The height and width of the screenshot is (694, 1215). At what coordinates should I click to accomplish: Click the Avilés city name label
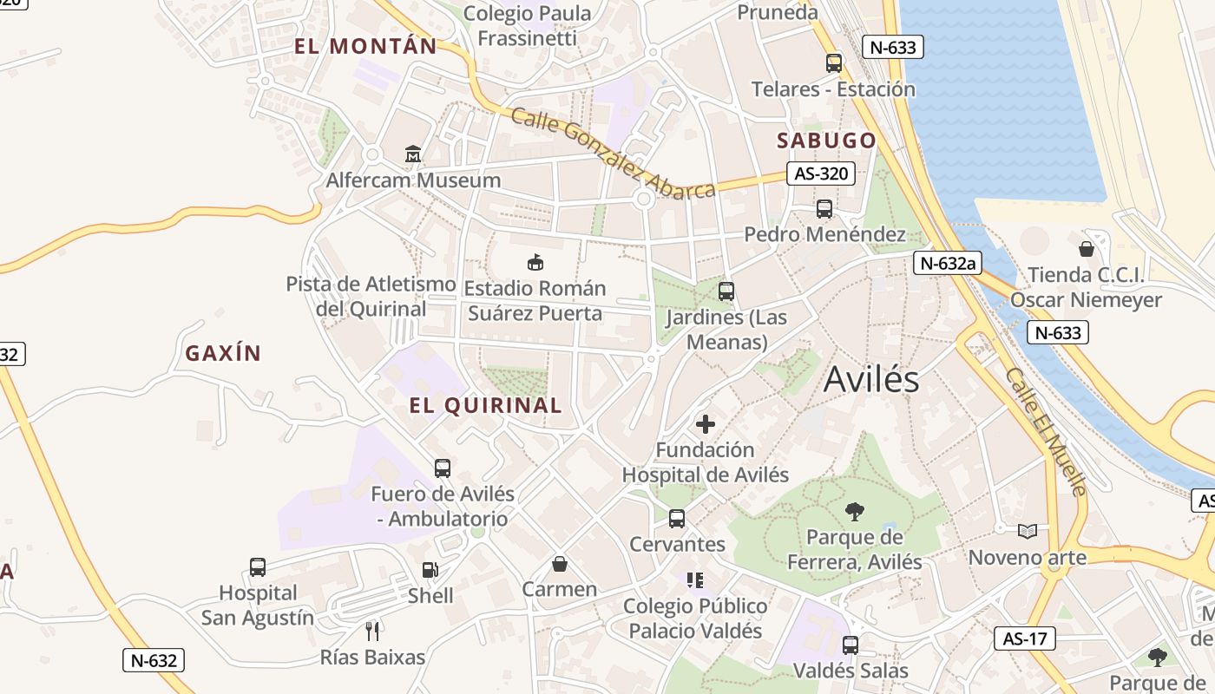(x=870, y=379)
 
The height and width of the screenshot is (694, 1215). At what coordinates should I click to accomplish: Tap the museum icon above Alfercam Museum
(x=413, y=154)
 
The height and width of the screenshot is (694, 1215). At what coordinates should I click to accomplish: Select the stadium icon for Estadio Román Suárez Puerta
(x=535, y=262)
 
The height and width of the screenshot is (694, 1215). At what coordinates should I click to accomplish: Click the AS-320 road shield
(x=820, y=173)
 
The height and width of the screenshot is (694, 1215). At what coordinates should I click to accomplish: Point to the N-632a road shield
(x=947, y=263)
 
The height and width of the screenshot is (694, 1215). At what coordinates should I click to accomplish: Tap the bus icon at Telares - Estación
(x=833, y=63)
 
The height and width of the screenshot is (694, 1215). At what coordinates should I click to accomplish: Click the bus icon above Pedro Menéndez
(x=824, y=209)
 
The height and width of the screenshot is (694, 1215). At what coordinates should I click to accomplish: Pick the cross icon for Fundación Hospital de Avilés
(x=706, y=424)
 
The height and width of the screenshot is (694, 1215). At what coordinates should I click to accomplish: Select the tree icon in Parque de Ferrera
(x=854, y=511)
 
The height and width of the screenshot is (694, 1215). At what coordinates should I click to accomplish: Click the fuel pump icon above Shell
(x=430, y=570)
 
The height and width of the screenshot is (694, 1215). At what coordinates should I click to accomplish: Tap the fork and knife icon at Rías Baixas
(x=372, y=631)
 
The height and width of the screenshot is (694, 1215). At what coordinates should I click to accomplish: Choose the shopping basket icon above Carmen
(x=560, y=564)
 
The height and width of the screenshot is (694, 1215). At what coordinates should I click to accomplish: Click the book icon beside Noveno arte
(x=1028, y=531)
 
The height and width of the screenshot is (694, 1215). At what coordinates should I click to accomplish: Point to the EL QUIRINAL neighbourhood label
(x=486, y=405)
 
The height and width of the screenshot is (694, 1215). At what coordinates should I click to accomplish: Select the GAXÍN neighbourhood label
(x=223, y=353)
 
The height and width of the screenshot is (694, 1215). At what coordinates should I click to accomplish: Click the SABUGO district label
(x=826, y=141)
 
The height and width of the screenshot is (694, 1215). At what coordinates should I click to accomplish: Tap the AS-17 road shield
(x=1025, y=639)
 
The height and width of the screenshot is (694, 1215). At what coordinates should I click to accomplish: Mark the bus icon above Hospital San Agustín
(x=258, y=567)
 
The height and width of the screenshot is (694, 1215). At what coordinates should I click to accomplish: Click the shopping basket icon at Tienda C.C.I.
(x=1086, y=250)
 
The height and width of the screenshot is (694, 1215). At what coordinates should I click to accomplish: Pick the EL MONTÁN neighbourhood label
(x=365, y=47)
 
